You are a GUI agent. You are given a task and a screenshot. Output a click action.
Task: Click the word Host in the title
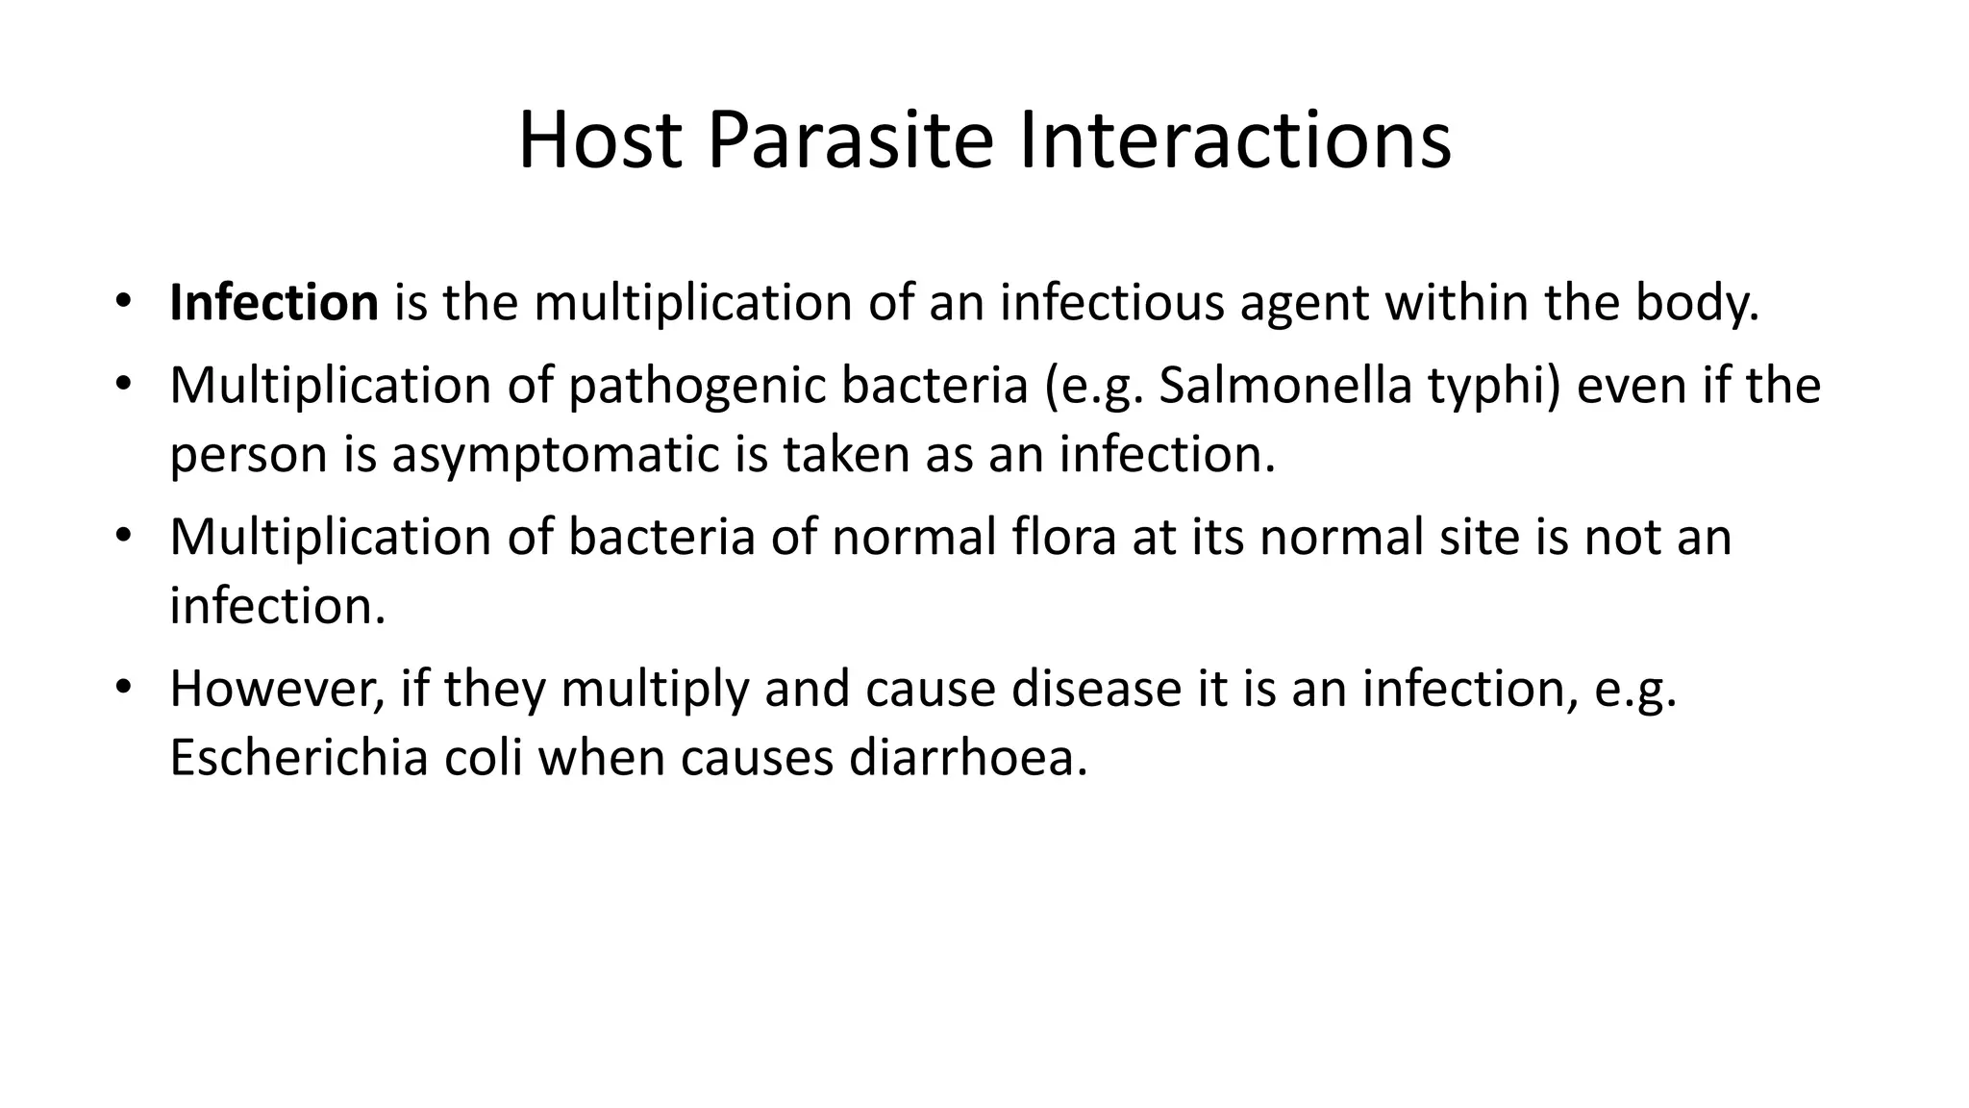pyautogui.click(x=600, y=140)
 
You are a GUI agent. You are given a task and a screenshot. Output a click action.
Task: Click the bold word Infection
pyautogui.click(x=274, y=303)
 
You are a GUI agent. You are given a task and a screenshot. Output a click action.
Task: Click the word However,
pyautogui.click(x=277, y=690)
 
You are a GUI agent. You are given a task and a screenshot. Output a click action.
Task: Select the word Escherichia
pyautogui.click(x=298, y=758)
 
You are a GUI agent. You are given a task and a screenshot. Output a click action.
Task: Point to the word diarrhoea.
pyautogui.click(x=968, y=758)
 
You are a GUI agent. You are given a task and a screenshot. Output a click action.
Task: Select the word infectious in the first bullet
pyautogui.click(x=1111, y=303)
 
